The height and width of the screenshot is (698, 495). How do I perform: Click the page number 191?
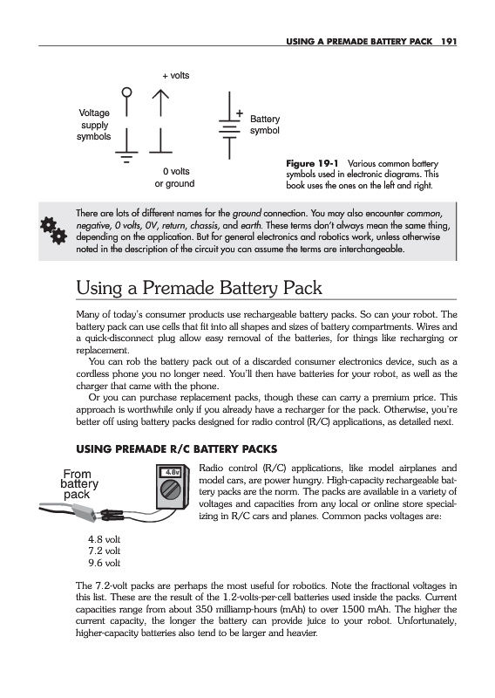(x=449, y=41)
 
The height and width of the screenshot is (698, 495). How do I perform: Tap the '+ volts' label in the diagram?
(x=176, y=76)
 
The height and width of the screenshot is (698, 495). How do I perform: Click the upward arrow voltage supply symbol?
(x=160, y=103)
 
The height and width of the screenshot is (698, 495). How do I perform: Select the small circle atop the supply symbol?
(x=126, y=92)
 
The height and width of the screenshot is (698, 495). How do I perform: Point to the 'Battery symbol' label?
(x=265, y=125)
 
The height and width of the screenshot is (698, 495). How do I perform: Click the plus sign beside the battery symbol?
(x=240, y=113)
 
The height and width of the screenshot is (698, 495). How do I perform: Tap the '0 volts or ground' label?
(x=175, y=177)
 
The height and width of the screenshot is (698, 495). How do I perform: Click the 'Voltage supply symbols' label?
(x=93, y=125)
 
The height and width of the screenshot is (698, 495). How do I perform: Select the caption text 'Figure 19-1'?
(x=312, y=163)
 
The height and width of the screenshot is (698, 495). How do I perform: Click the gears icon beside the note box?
(x=53, y=230)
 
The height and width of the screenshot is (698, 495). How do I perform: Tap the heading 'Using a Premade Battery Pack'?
(x=199, y=288)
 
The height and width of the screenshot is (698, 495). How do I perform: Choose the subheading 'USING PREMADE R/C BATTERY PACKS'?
(x=177, y=448)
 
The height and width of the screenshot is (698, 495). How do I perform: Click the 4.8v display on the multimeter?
(x=172, y=472)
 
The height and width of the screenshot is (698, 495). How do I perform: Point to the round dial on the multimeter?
(x=170, y=490)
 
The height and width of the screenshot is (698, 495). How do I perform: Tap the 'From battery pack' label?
(x=78, y=484)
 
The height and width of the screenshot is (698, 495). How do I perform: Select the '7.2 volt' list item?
(x=104, y=551)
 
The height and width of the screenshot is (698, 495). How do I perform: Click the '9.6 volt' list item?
(x=104, y=563)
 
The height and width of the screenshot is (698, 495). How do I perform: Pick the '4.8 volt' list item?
(x=104, y=539)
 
